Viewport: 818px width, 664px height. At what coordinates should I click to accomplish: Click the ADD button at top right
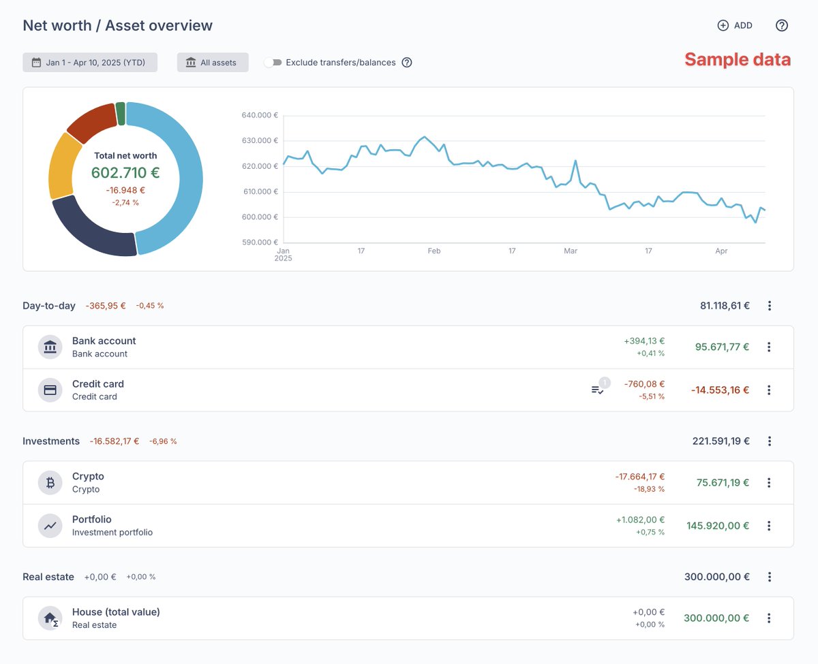(x=735, y=25)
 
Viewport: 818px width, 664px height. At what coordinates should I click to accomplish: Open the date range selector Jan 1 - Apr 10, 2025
(x=90, y=63)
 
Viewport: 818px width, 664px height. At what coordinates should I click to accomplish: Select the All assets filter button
(x=213, y=63)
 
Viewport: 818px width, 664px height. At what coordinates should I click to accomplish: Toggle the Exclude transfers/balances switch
(x=273, y=63)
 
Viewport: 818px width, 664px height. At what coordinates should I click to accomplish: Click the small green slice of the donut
(x=121, y=114)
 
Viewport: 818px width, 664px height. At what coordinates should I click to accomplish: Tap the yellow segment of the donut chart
(x=63, y=165)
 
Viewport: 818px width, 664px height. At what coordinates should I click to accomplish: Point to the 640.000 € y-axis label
(x=259, y=115)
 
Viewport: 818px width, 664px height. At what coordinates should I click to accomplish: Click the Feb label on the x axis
(x=434, y=251)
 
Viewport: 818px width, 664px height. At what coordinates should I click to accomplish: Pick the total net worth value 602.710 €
(x=125, y=173)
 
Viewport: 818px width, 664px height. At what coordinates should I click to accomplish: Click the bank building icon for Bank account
(x=50, y=347)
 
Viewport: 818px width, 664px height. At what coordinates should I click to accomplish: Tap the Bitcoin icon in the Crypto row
(x=50, y=482)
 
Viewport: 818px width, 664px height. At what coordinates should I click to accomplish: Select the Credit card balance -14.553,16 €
(x=720, y=390)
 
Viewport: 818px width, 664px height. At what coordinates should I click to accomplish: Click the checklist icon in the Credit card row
(x=597, y=390)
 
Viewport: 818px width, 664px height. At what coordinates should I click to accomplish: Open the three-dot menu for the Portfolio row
(x=769, y=526)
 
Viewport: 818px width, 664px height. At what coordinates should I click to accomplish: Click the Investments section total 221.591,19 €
(x=721, y=441)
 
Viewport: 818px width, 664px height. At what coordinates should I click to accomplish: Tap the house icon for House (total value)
(x=50, y=618)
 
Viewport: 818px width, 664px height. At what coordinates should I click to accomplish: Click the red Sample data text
(x=738, y=59)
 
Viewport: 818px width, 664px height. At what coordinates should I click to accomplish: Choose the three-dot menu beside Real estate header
(x=770, y=577)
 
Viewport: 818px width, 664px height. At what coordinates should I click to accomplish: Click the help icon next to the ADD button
(x=782, y=25)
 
